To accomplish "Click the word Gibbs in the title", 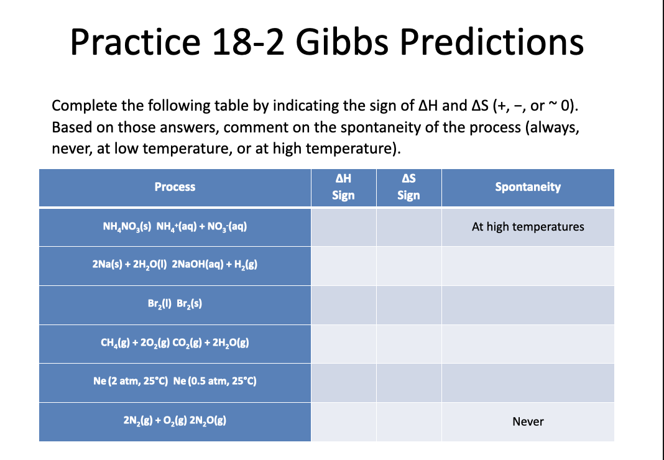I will (x=344, y=42).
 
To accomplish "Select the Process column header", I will (x=175, y=187).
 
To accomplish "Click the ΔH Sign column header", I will (x=343, y=187).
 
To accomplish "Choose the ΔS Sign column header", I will (x=408, y=187).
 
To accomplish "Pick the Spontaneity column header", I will (x=528, y=187).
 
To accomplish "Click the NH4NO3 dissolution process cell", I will (x=175, y=227).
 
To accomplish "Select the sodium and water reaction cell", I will (x=175, y=265).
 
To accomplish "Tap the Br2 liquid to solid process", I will (x=175, y=305).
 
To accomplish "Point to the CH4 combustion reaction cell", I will (x=175, y=343).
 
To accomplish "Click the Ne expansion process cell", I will (x=175, y=382).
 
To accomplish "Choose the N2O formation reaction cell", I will (x=175, y=421).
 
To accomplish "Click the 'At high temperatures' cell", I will (x=528, y=227).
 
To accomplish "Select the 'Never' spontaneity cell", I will (x=528, y=421).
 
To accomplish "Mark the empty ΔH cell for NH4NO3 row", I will (x=343, y=227).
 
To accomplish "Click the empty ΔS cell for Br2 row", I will (x=408, y=305).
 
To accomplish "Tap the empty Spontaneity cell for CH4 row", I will (x=528, y=343).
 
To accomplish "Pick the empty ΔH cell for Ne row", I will (x=343, y=382).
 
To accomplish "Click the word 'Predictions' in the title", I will (x=491, y=42).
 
